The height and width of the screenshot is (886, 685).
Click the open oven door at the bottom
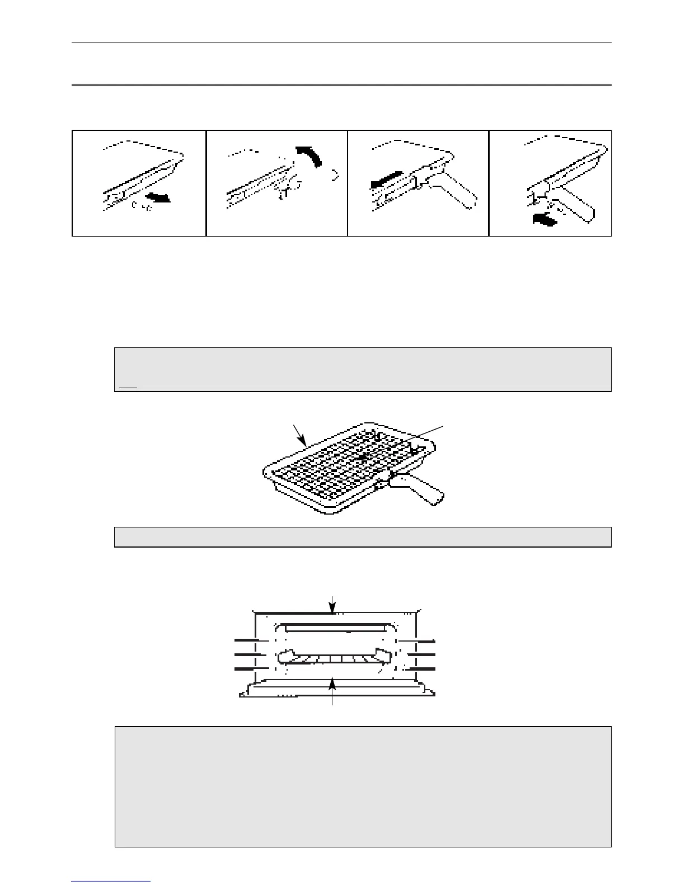tap(336, 689)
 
